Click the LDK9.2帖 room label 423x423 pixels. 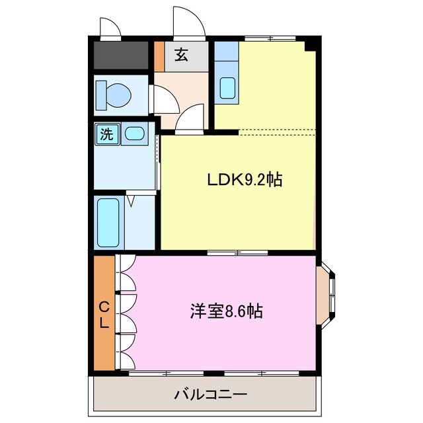[245, 179]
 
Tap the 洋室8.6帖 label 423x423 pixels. [226, 311]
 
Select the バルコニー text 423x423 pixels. [211, 395]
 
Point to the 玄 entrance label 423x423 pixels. [181, 55]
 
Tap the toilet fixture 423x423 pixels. [112, 95]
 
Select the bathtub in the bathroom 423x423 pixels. [107, 221]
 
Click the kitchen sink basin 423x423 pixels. [227, 88]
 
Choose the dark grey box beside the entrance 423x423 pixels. [120, 56]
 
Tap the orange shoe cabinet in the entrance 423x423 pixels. [159, 56]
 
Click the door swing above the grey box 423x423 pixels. [110, 28]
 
